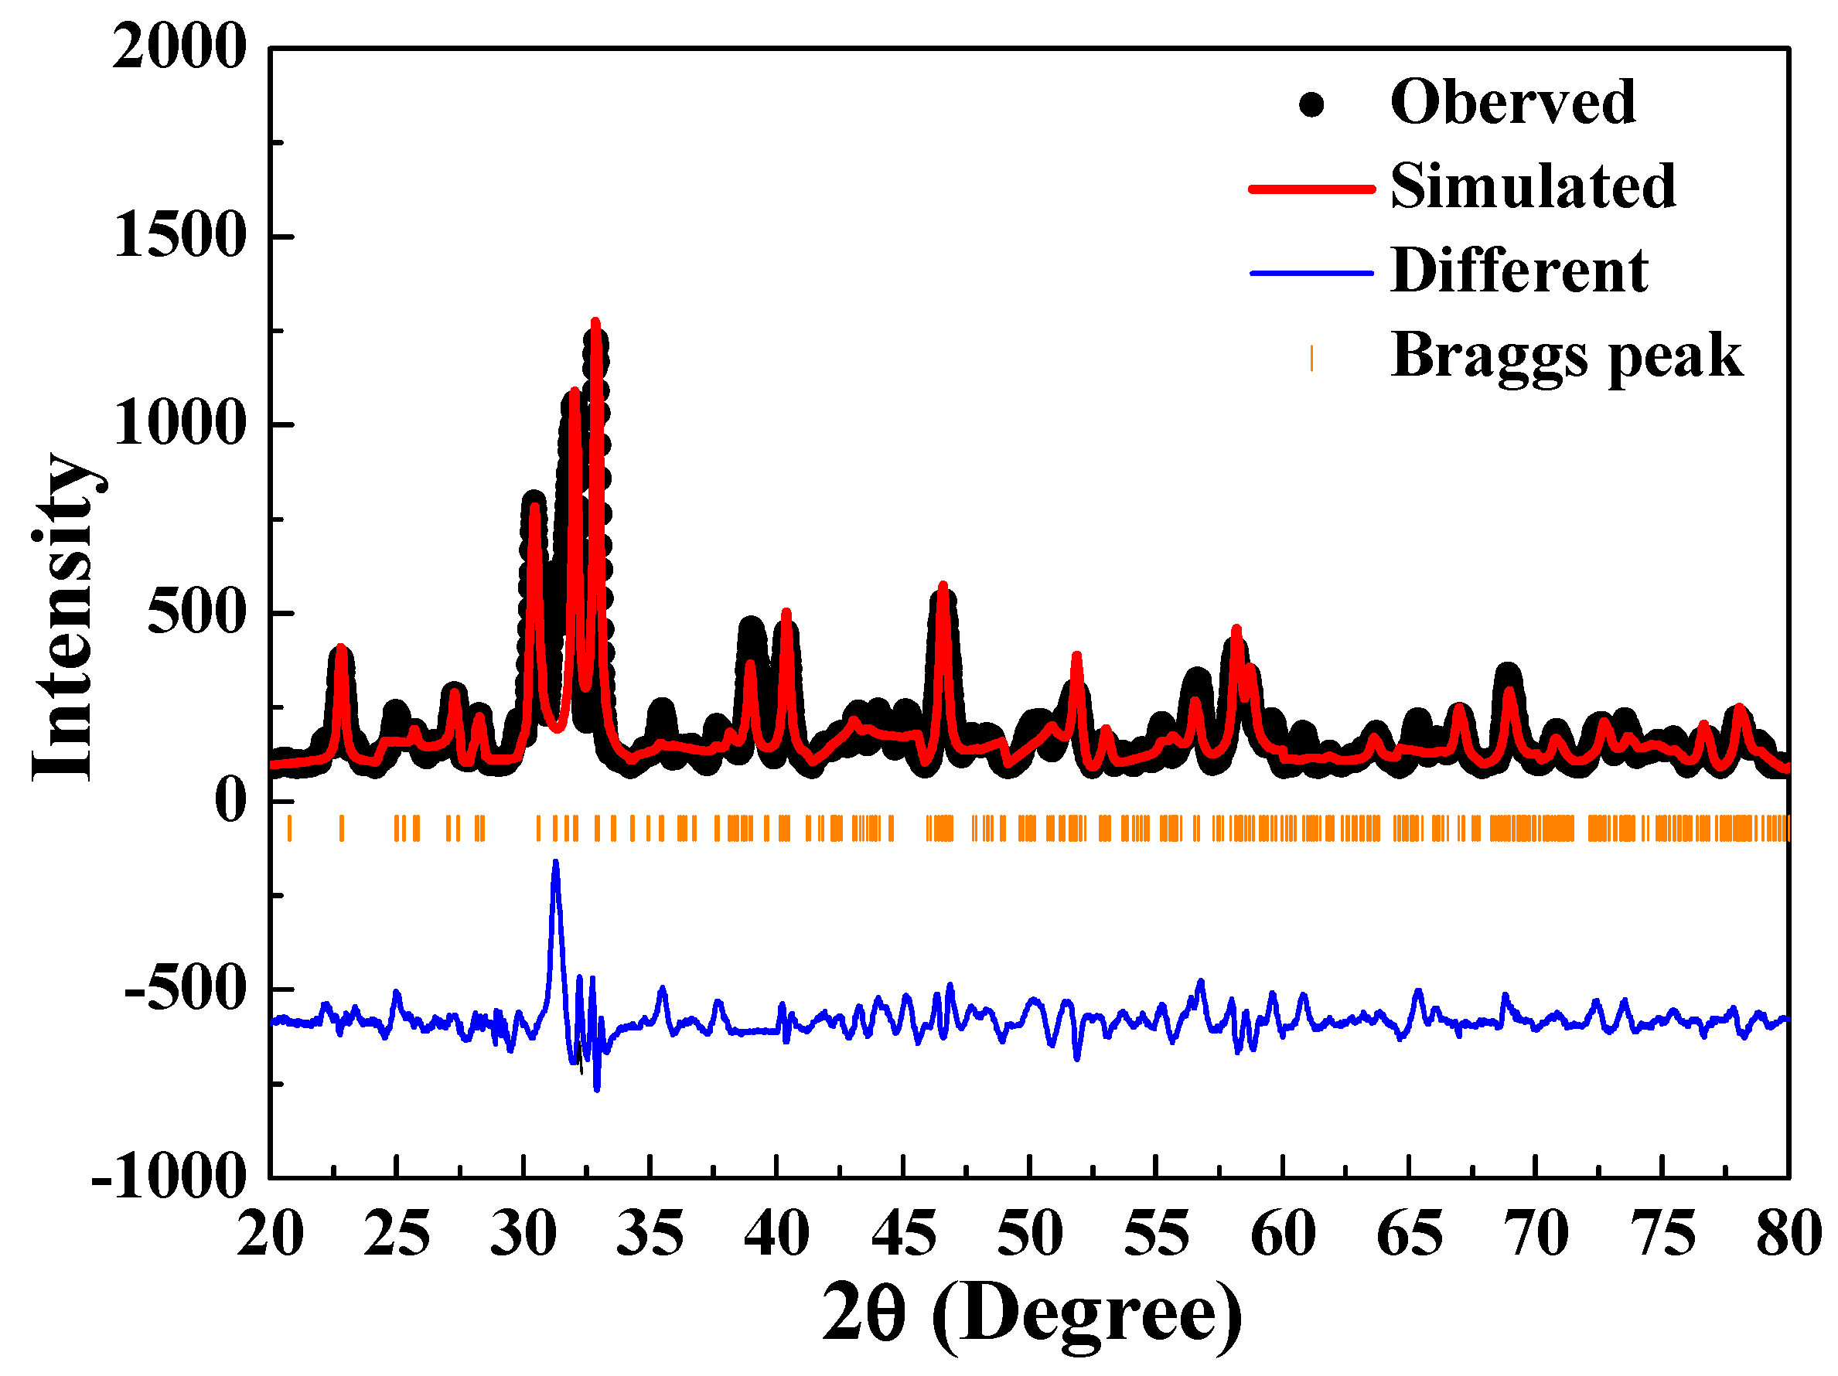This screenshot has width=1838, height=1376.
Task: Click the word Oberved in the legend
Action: click(x=1512, y=102)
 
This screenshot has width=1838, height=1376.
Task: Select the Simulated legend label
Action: click(x=1533, y=187)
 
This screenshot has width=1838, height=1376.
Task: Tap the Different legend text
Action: click(x=1518, y=271)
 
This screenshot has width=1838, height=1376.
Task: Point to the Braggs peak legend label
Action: click(x=1567, y=356)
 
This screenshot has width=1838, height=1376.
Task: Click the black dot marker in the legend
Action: click(x=1311, y=104)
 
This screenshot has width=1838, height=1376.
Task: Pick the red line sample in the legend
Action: click(x=1311, y=189)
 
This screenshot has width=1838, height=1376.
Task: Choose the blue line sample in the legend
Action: click(x=1311, y=274)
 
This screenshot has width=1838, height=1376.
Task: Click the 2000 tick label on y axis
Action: click(x=179, y=47)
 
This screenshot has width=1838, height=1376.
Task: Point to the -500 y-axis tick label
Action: click(x=186, y=989)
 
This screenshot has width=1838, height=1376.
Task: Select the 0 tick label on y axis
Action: click(x=230, y=801)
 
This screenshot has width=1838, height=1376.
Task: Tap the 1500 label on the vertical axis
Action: click(x=179, y=236)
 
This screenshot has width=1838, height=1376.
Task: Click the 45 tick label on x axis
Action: click(x=903, y=1234)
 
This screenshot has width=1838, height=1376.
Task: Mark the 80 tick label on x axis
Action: click(x=1789, y=1234)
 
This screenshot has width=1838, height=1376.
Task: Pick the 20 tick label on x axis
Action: click(x=270, y=1234)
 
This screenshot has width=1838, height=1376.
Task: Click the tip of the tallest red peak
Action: click(x=595, y=322)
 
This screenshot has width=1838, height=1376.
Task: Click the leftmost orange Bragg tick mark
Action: click(x=289, y=829)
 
